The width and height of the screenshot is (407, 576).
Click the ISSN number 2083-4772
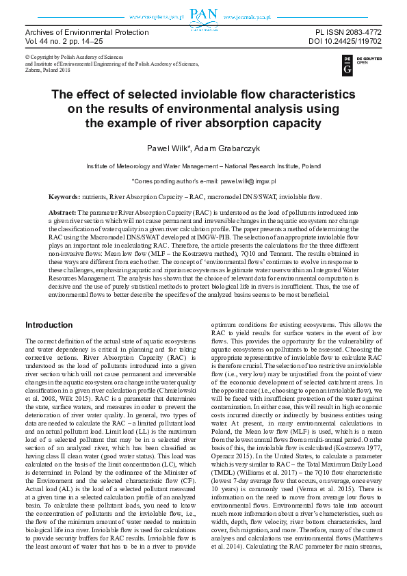[x=359, y=33]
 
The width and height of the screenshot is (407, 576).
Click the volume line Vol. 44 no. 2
[x=55, y=42]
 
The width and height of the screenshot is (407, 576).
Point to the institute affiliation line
[x=203, y=166]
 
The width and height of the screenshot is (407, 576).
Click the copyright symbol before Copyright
[x=27, y=57]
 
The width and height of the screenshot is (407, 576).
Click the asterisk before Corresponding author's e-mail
[x=133, y=181]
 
